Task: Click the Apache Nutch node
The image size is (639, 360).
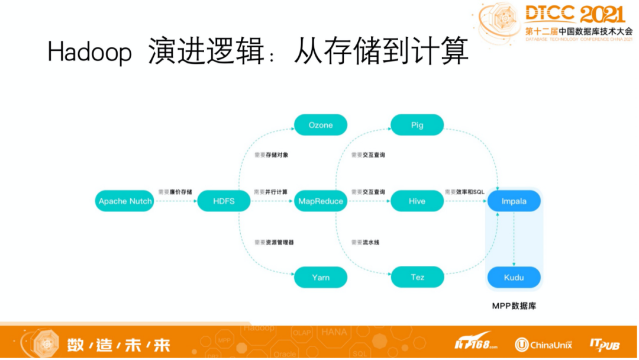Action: pos(125,201)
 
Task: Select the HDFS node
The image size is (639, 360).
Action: pos(224,201)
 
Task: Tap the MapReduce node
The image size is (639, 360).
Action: pos(321,201)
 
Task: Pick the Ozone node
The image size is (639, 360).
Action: pos(321,125)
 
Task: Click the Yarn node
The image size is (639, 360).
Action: pos(321,277)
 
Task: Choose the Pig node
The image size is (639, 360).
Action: pos(417,125)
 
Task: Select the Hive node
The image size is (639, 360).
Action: pos(417,201)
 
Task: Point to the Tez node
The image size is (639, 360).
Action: pos(417,277)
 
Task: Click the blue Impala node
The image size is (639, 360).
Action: pos(514,201)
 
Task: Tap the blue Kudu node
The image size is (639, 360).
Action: pos(514,277)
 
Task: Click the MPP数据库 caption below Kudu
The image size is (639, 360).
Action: pos(514,306)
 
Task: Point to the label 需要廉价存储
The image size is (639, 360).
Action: pos(175,192)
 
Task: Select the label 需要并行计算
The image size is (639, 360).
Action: pos(271,192)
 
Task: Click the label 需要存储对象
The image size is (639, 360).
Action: pos(271,155)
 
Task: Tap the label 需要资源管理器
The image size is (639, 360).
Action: pos(274,242)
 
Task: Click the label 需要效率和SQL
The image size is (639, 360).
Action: pos(464,192)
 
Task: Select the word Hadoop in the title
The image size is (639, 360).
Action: pos(90,52)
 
